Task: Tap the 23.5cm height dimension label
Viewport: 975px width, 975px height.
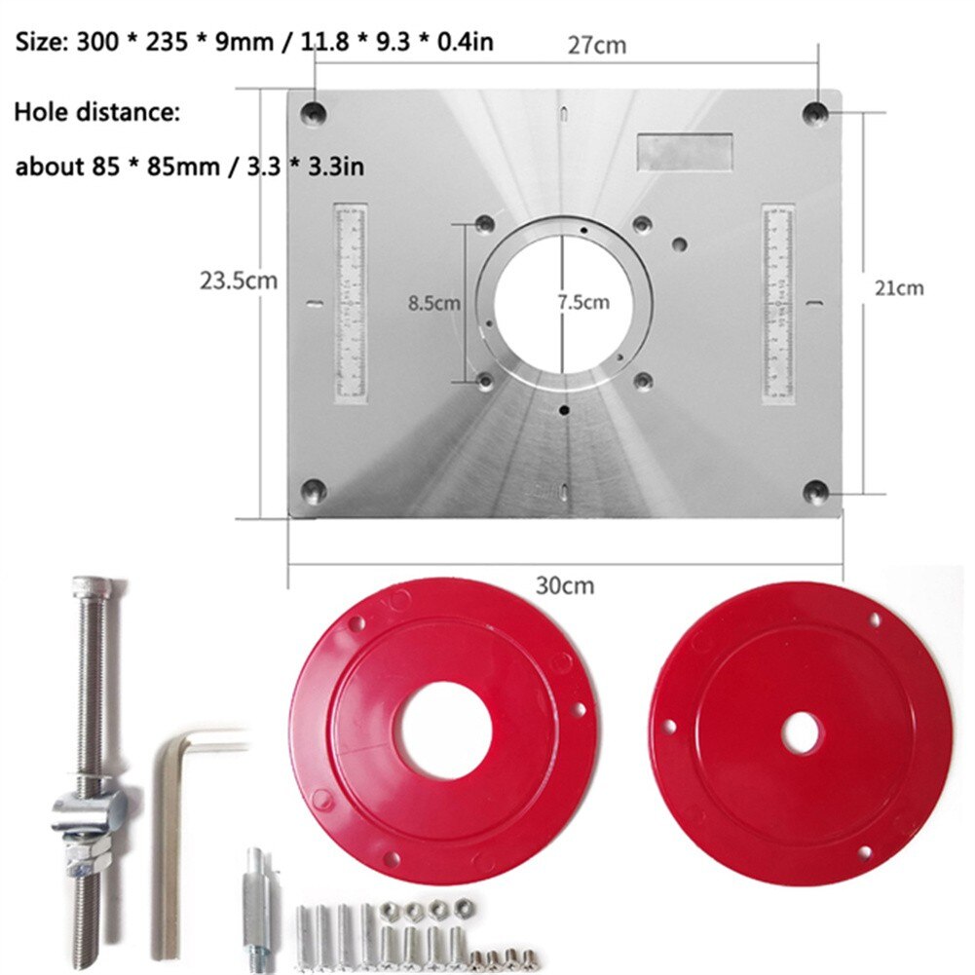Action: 239,281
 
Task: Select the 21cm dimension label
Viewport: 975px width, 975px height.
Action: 897,287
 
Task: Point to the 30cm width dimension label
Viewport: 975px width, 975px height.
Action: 565,586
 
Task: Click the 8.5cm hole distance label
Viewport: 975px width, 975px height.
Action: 434,303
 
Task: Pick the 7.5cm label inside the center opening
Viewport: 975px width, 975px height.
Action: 583,302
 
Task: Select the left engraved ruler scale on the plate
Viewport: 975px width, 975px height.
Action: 350,303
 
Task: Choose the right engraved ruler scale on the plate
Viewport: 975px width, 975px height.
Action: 778,303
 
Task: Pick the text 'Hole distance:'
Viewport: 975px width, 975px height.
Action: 96,112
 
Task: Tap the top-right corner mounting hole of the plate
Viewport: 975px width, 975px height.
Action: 814,114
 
